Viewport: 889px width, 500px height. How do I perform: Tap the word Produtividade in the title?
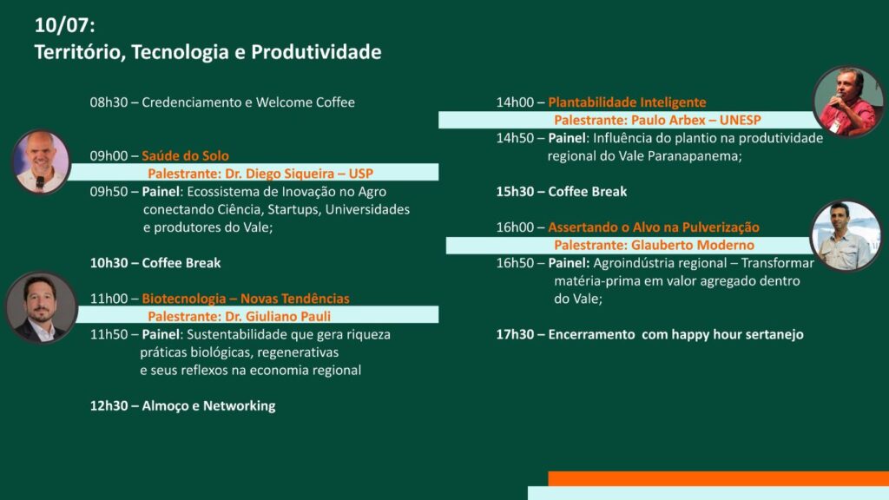coord(316,52)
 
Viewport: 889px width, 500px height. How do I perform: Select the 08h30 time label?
coord(109,102)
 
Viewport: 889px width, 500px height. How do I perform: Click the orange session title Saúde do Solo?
coord(186,156)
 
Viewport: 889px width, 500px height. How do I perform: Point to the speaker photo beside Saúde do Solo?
coord(41,162)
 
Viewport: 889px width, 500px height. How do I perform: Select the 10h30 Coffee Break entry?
coord(155,263)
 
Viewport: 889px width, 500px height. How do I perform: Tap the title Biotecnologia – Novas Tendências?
coord(246,299)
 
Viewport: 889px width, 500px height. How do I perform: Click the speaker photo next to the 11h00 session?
coord(41,308)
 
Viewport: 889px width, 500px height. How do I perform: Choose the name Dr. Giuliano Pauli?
coord(278,316)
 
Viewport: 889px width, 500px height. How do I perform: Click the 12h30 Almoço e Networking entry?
coord(182,406)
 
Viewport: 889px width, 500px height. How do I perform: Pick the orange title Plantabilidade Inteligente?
coord(627,102)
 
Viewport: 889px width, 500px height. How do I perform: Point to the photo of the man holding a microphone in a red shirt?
coord(848,102)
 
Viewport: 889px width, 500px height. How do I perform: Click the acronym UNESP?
coord(740,120)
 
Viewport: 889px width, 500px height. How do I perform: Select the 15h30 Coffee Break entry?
coord(562,192)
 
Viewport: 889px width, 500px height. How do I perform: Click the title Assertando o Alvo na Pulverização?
coord(654,227)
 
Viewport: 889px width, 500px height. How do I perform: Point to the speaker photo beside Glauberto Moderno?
coord(846,235)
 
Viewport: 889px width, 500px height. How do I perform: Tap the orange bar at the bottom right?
coord(718,478)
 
